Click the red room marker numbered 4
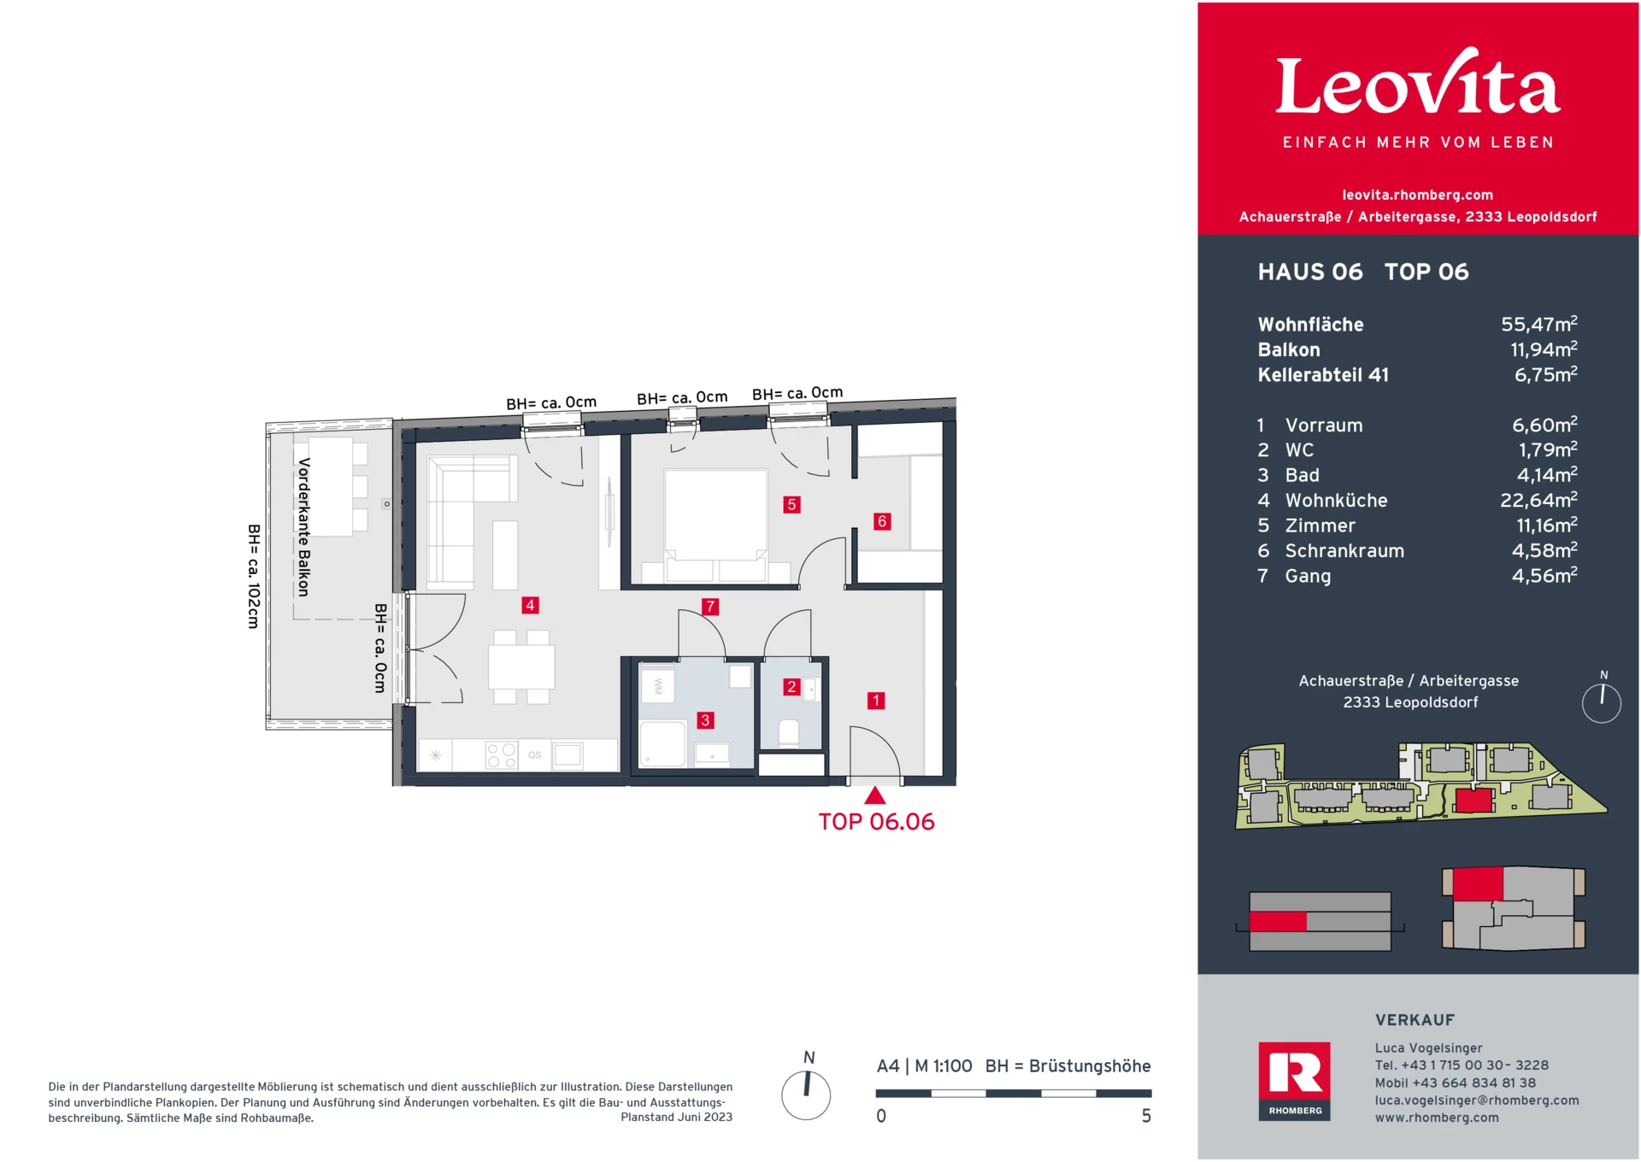[x=530, y=605]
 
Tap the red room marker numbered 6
[x=882, y=521]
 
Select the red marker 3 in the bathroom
[x=705, y=720]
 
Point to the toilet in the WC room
[x=789, y=734]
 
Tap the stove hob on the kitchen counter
[x=502, y=755]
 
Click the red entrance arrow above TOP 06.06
[x=874, y=796]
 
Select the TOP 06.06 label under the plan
[x=876, y=822]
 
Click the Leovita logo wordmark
[x=1417, y=85]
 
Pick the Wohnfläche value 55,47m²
[x=1538, y=325]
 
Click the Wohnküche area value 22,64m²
[x=1538, y=500]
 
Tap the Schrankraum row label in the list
[x=1344, y=551]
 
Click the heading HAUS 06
[x=1309, y=272]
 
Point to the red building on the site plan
[x=1473, y=801]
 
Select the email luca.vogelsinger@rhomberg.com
[x=1476, y=1100]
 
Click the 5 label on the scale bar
[x=1146, y=1116]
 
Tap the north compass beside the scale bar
[x=806, y=1095]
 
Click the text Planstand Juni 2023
[x=676, y=1117]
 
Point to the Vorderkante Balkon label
[x=303, y=527]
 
